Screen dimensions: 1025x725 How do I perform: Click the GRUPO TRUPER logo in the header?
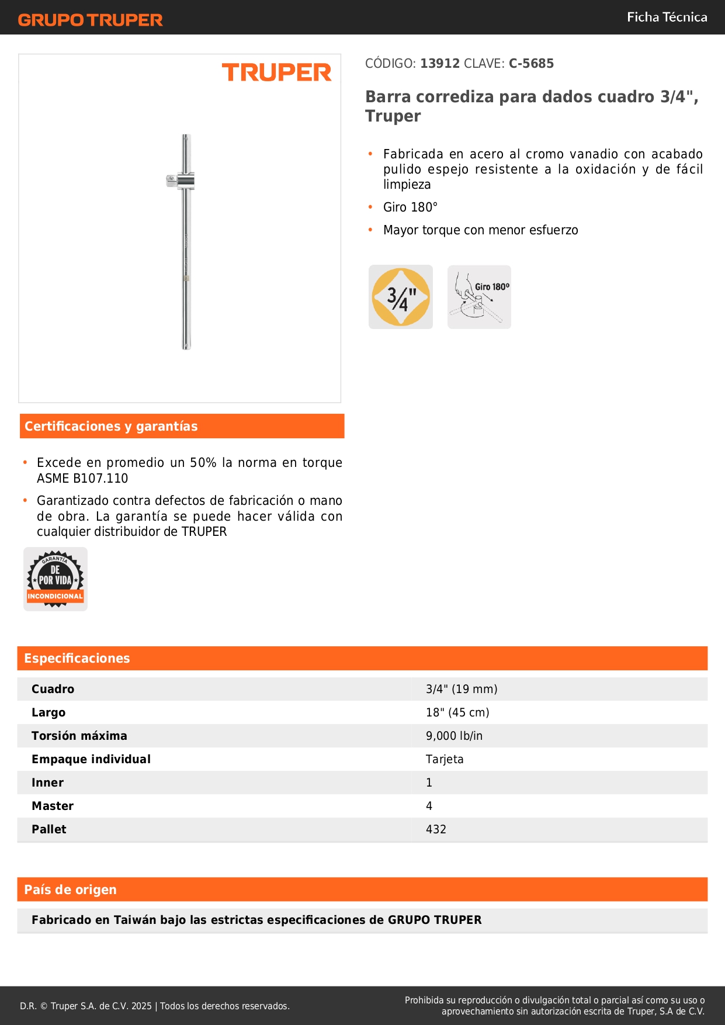click(x=90, y=20)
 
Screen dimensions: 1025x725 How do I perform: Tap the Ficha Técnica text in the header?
click(x=667, y=17)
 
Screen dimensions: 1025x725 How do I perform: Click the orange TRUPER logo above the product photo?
click(x=276, y=72)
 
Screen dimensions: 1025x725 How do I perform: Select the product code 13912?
click(x=440, y=63)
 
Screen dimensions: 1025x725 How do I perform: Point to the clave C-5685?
click(x=531, y=63)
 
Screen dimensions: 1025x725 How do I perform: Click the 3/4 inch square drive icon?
click(x=401, y=297)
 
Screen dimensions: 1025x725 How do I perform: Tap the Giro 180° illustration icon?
click(x=479, y=297)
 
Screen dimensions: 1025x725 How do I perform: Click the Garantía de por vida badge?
click(x=55, y=579)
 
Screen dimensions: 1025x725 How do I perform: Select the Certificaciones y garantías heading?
click(x=111, y=426)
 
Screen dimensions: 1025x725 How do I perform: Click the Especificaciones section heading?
click(x=77, y=658)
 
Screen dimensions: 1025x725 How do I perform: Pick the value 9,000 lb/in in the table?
click(x=454, y=736)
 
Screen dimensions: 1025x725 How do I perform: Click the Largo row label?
click(x=48, y=712)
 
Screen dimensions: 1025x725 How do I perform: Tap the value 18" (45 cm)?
click(x=457, y=712)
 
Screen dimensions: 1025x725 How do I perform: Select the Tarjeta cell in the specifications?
click(x=445, y=759)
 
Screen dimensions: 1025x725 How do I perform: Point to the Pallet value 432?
click(x=436, y=829)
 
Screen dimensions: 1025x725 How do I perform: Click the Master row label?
click(x=53, y=806)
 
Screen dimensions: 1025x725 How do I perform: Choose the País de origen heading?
click(x=70, y=889)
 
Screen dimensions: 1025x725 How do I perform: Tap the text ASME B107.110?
click(x=82, y=478)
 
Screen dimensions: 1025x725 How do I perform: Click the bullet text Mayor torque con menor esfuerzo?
click(x=480, y=230)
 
